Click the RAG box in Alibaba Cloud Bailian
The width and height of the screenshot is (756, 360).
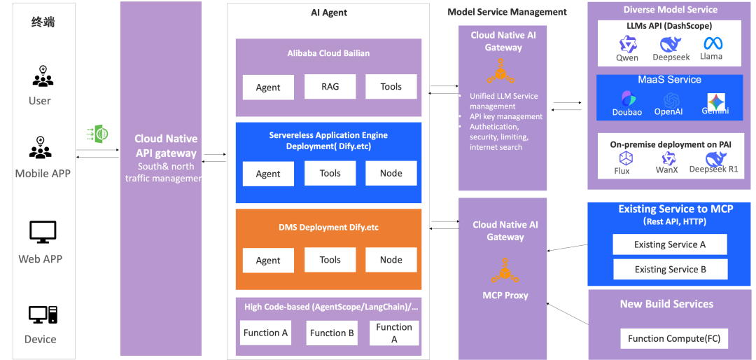pyautogui.click(x=330, y=86)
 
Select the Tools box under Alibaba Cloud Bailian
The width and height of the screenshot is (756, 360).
pyautogui.click(x=391, y=86)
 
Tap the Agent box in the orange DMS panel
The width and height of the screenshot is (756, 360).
pyautogui.click(x=268, y=261)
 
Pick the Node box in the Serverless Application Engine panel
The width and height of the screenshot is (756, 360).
pyautogui.click(x=391, y=173)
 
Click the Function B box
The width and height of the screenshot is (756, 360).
pyautogui.click(x=332, y=333)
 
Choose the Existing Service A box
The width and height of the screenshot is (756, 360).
pyautogui.click(x=669, y=244)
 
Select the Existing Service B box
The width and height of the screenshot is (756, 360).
pyautogui.click(x=669, y=269)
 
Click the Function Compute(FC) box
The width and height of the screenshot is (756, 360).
pyautogui.click(x=673, y=338)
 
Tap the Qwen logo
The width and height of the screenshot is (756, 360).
pyautogui.click(x=627, y=43)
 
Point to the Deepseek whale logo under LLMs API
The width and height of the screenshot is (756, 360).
pyautogui.click(x=671, y=43)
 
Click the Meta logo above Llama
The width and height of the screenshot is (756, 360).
pyautogui.click(x=713, y=43)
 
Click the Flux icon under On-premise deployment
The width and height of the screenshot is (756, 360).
pyautogui.click(x=623, y=158)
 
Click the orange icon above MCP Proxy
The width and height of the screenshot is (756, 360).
pyautogui.click(x=505, y=270)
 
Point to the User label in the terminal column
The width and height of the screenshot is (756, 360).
pyautogui.click(x=39, y=100)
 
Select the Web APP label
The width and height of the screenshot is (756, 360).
pyautogui.click(x=40, y=258)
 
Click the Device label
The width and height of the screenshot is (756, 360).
pyautogui.click(x=40, y=339)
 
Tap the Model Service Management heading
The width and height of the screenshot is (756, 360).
pyautogui.click(x=507, y=12)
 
